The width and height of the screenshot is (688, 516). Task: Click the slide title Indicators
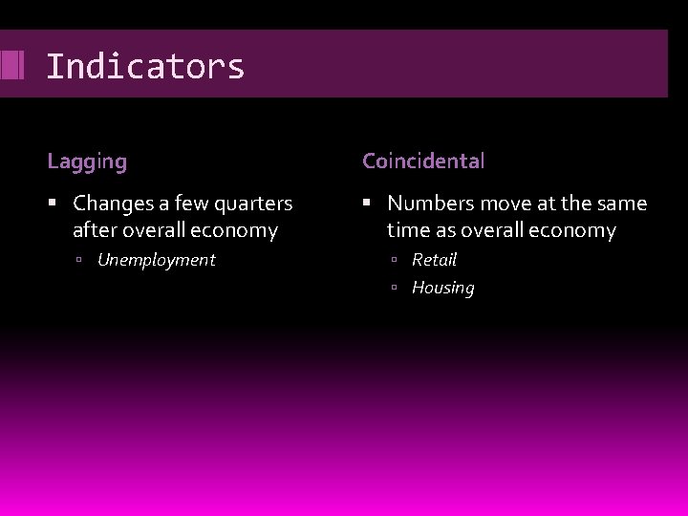click(x=145, y=67)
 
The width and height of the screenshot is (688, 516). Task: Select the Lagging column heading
click(x=87, y=161)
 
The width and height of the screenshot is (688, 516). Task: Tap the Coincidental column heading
click(x=423, y=161)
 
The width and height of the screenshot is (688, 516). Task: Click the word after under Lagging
click(x=96, y=230)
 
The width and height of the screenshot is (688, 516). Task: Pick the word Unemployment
click(x=157, y=260)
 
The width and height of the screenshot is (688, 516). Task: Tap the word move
click(x=500, y=204)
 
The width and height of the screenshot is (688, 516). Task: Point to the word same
click(x=622, y=204)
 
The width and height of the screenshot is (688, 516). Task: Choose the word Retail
click(x=435, y=260)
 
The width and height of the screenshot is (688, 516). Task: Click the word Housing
click(x=442, y=288)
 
